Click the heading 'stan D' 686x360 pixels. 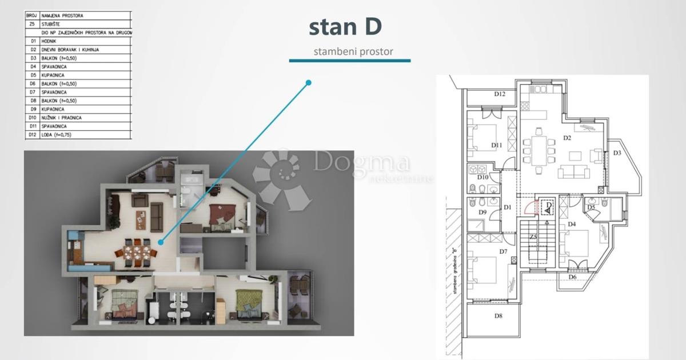click(x=345, y=26)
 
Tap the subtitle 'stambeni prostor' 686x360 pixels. click(x=353, y=51)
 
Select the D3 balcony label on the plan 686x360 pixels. click(x=617, y=153)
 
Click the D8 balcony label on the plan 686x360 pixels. click(x=498, y=315)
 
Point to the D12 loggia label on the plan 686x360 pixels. click(x=500, y=94)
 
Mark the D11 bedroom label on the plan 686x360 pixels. click(x=496, y=146)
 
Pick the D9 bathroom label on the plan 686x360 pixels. click(x=482, y=213)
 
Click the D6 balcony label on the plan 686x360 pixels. click(x=572, y=277)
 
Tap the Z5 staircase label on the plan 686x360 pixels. click(x=533, y=237)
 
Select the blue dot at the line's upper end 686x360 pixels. click(x=309, y=83)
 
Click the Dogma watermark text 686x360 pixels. click(x=361, y=162)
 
